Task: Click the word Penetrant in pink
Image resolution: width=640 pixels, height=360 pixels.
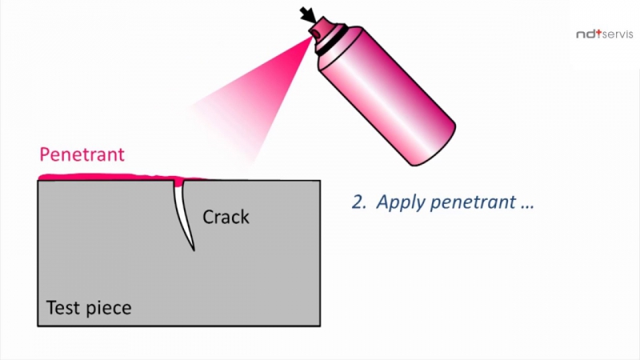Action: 82,154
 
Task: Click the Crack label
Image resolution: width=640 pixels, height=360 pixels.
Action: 226,217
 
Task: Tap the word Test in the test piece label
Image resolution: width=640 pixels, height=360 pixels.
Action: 62,307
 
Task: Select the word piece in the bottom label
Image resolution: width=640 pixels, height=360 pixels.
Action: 106,308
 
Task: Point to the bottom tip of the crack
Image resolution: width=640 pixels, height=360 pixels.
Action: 193,250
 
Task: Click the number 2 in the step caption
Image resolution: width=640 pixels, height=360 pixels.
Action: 357,202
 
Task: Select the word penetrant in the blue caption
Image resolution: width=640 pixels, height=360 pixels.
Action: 472,202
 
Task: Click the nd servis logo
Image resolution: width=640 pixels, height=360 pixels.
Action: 604,34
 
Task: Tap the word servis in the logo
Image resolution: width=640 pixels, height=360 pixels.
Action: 617,34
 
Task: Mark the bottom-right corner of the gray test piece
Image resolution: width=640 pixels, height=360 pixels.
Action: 320,325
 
